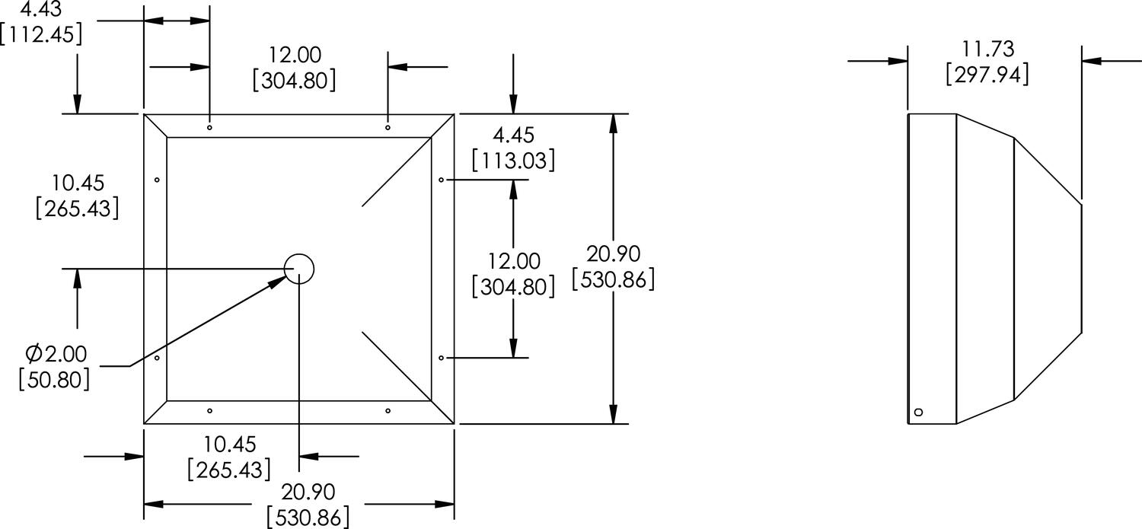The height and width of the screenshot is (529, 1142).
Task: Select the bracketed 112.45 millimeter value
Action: point(42,34)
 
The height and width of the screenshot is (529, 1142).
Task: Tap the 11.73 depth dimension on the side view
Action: point(987,49)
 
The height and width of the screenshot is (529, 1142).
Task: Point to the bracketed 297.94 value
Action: point(987,75)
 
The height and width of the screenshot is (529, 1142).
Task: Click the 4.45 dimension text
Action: point(513,135)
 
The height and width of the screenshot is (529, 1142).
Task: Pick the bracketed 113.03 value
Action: point(513,161)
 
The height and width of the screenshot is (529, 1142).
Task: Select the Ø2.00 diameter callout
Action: point(56,354)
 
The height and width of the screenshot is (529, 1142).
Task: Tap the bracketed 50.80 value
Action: point(55,379)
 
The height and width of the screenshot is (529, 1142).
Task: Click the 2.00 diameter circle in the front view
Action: point(299,268)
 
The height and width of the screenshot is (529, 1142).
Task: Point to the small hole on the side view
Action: point(917,412)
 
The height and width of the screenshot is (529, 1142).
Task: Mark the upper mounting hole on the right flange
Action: point(442,180)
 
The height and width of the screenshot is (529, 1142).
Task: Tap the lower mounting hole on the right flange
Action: point(442,357)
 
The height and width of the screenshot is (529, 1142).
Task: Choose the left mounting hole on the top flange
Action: point(209,127)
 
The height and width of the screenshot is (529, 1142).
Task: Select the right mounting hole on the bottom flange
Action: point(388,411)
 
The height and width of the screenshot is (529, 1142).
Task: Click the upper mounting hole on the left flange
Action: point(157,180)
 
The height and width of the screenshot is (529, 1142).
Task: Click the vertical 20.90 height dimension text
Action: point(614,253)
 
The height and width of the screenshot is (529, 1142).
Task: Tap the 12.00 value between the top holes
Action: point(295,55)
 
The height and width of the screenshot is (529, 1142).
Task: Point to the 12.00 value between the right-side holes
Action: point(513,262)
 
